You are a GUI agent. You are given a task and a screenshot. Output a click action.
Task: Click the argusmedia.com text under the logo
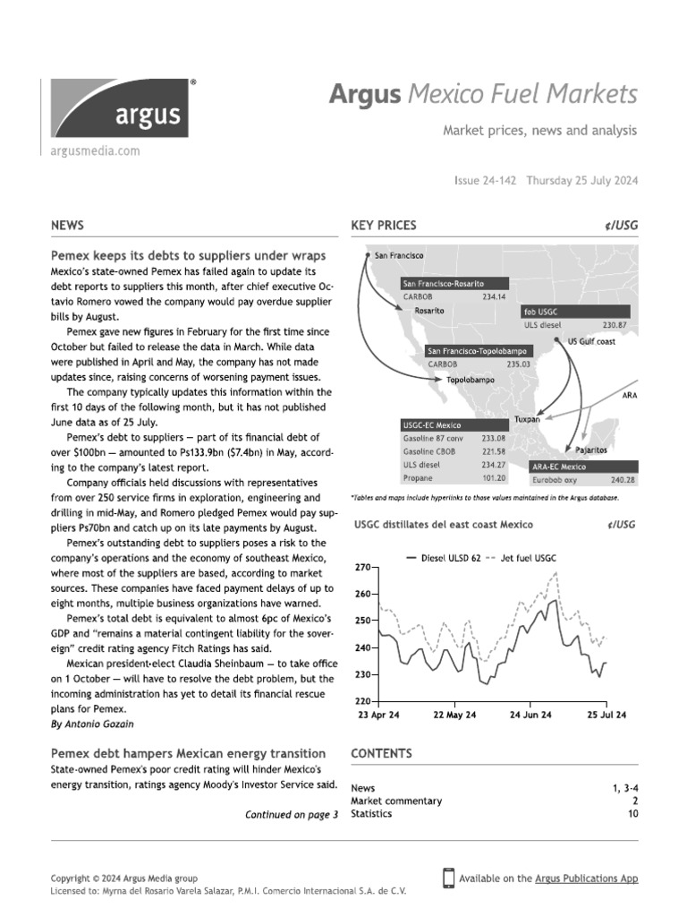[x=96, y=151]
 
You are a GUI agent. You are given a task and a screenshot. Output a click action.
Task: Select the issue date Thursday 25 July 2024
[x=581, y=180]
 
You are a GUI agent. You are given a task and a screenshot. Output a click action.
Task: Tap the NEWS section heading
[x=69, y=226]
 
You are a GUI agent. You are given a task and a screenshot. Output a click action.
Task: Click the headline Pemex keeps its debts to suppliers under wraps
[x=188, y=255]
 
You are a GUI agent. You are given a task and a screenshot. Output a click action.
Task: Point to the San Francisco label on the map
[x=399, y=255]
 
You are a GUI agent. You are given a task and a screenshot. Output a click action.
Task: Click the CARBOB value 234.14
[x=494, y=296]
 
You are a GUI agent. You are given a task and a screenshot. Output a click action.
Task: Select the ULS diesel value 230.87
[x=615, y=325]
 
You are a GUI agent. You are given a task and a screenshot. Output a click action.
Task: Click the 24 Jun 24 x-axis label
[x=530, y=715]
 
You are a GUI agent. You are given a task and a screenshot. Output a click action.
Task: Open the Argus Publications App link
[x=586, y=878]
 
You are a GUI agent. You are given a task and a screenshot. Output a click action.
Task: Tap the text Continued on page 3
[x=292, y=815]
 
